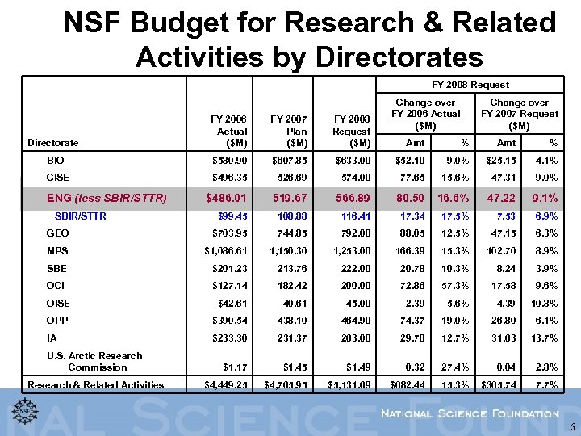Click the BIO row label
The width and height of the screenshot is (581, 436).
56,161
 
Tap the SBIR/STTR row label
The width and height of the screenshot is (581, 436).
80,216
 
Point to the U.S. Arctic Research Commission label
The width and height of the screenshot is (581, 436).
94,361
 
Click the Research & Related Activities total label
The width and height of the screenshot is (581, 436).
96,384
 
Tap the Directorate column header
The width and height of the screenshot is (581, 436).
53,143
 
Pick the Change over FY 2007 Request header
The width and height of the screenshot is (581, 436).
519,114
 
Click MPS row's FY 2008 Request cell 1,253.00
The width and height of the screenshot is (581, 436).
349,251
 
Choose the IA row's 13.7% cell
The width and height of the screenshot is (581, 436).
541,338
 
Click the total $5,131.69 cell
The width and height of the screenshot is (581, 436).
349,384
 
